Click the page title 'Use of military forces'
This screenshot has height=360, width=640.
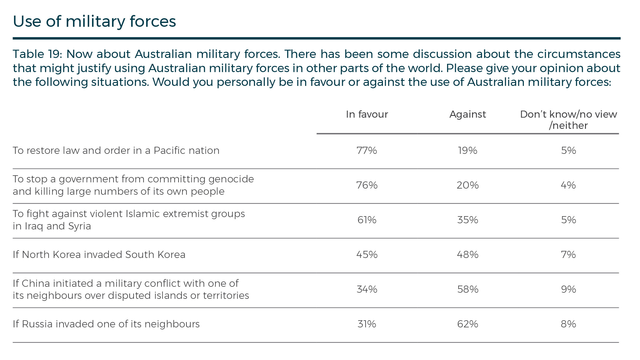(94, 21)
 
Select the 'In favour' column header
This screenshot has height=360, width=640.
(367, 114)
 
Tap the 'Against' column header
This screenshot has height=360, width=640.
(468, 114)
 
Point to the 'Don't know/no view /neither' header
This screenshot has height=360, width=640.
(568, 120)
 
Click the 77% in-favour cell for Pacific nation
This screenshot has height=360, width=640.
(367, 151)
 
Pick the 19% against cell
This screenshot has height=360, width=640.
(468, 151)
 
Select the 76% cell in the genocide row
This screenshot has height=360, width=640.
(367, 185)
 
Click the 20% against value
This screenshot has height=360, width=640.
(468, 185)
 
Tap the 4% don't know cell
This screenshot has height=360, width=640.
(568, 185)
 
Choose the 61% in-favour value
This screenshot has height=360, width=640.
(367, 220)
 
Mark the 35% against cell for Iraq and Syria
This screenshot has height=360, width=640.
(468, 220)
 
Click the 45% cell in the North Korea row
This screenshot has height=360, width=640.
(367, 255)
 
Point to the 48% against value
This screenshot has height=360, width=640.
(468, 255)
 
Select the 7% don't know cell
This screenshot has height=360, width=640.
(568, 255)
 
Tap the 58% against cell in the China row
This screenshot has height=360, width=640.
(468, 289)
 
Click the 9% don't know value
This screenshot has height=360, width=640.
(568, 289)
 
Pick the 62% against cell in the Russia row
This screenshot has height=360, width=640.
(468, 324)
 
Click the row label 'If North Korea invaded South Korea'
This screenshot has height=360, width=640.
(99, 255)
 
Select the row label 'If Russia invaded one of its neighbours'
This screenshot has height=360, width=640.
(106, 324)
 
